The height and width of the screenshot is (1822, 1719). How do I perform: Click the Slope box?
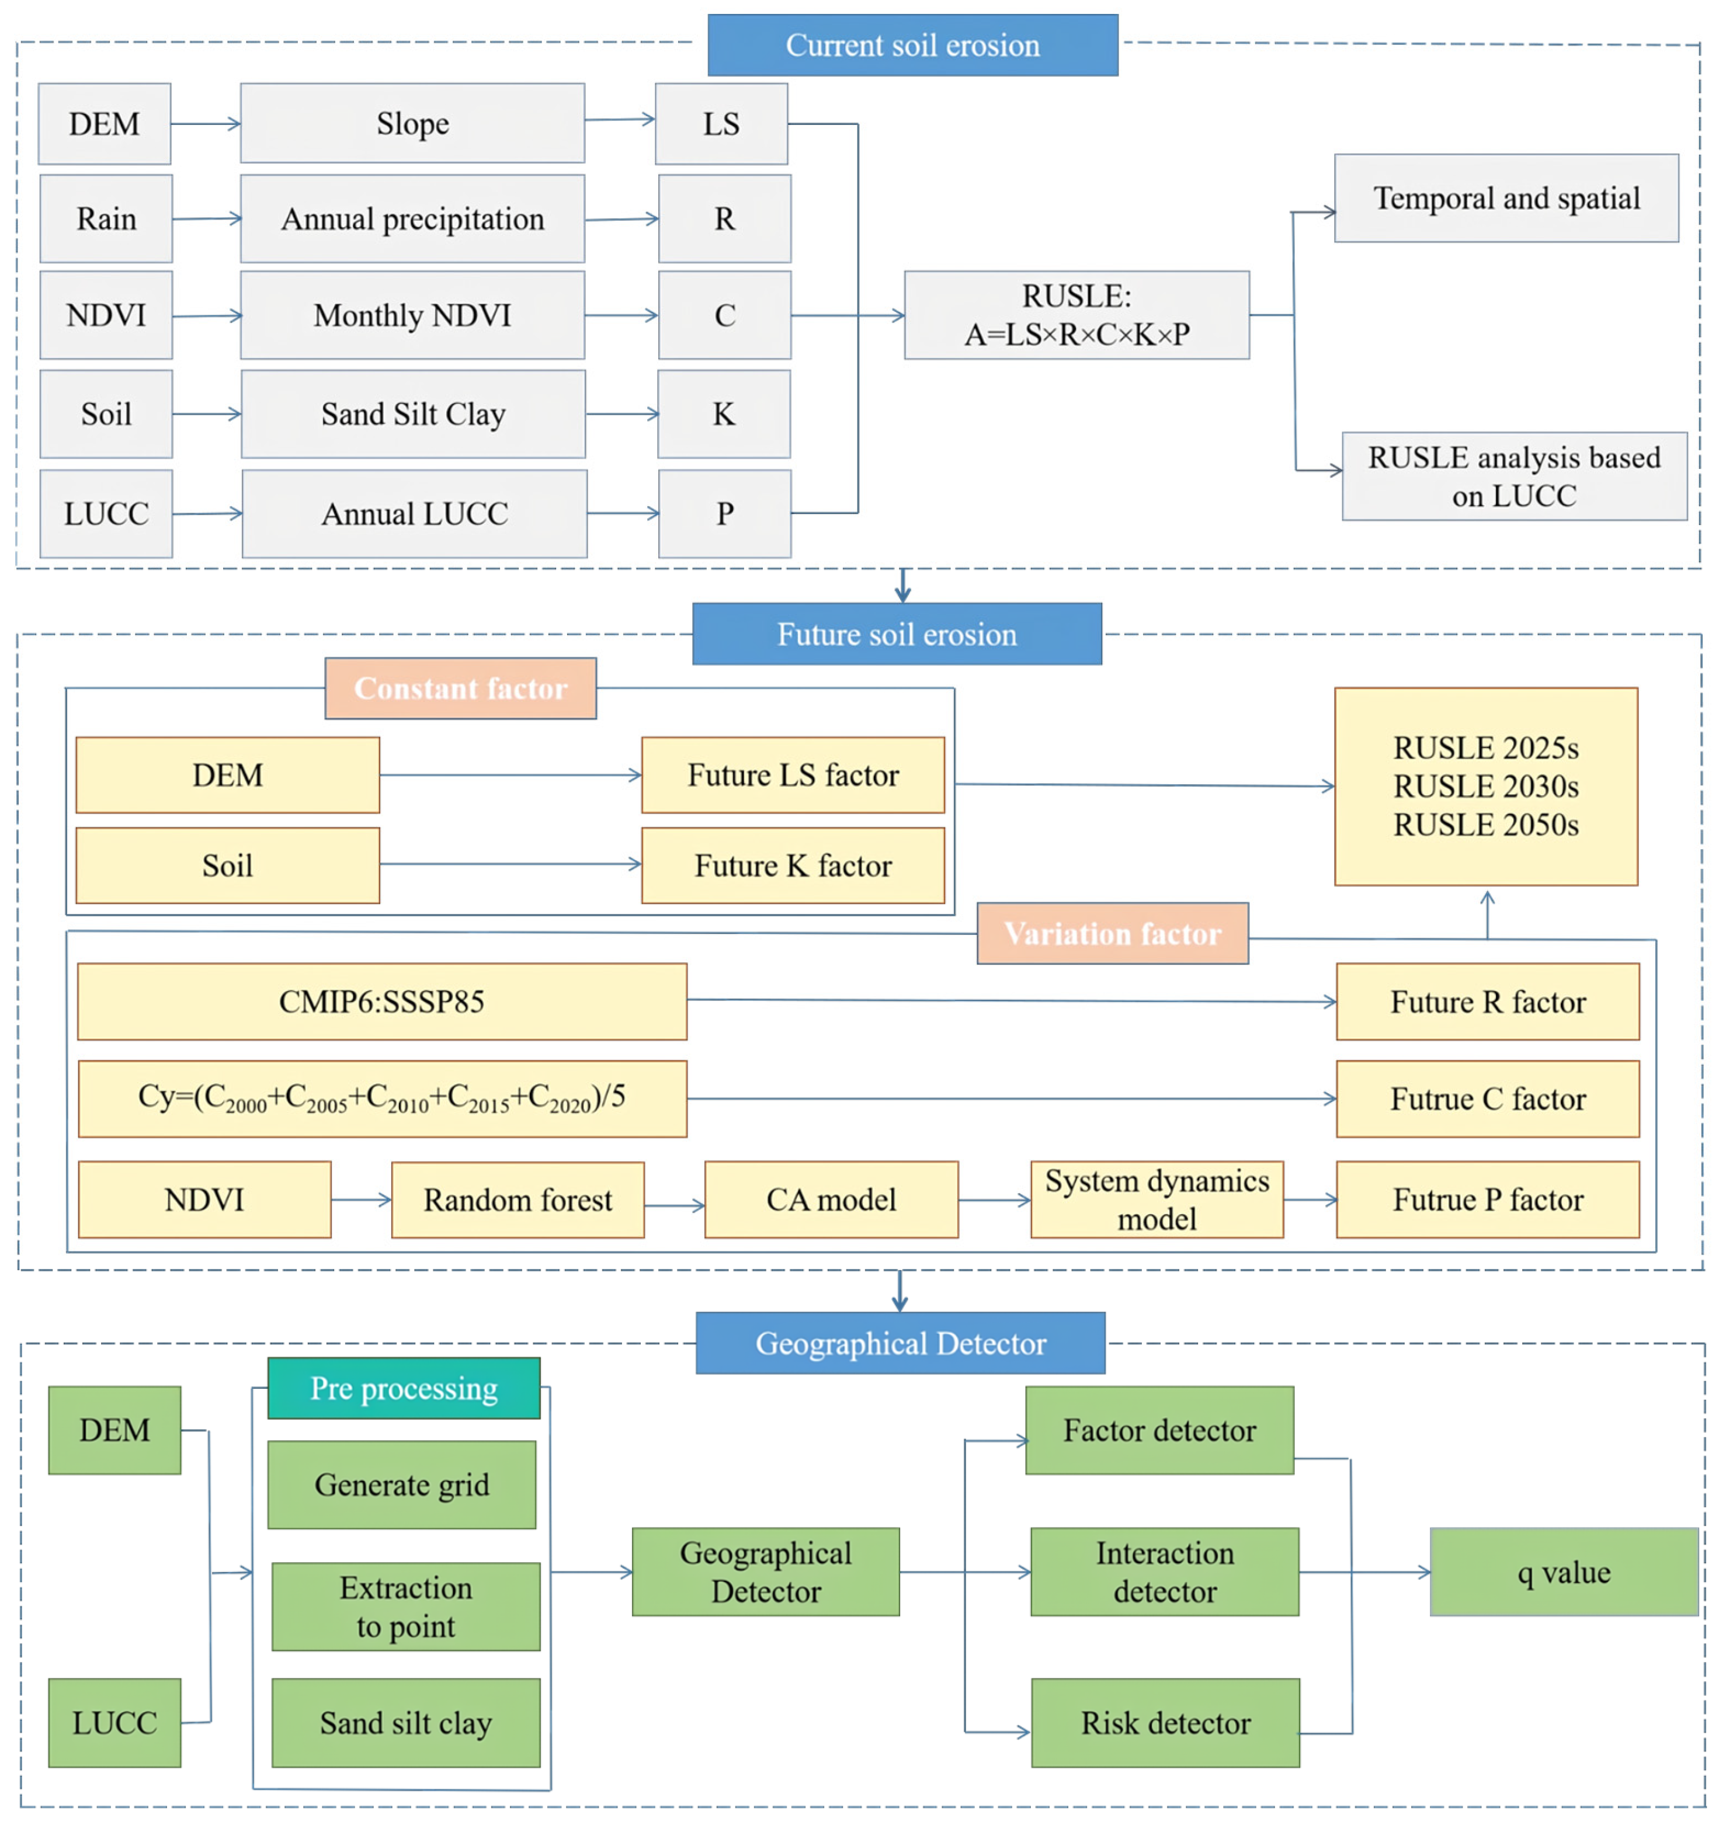412,124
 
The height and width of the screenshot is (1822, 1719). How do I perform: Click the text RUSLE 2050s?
1485,825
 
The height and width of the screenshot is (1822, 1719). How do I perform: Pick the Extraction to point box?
405,1607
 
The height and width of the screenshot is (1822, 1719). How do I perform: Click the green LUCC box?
114,1723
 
